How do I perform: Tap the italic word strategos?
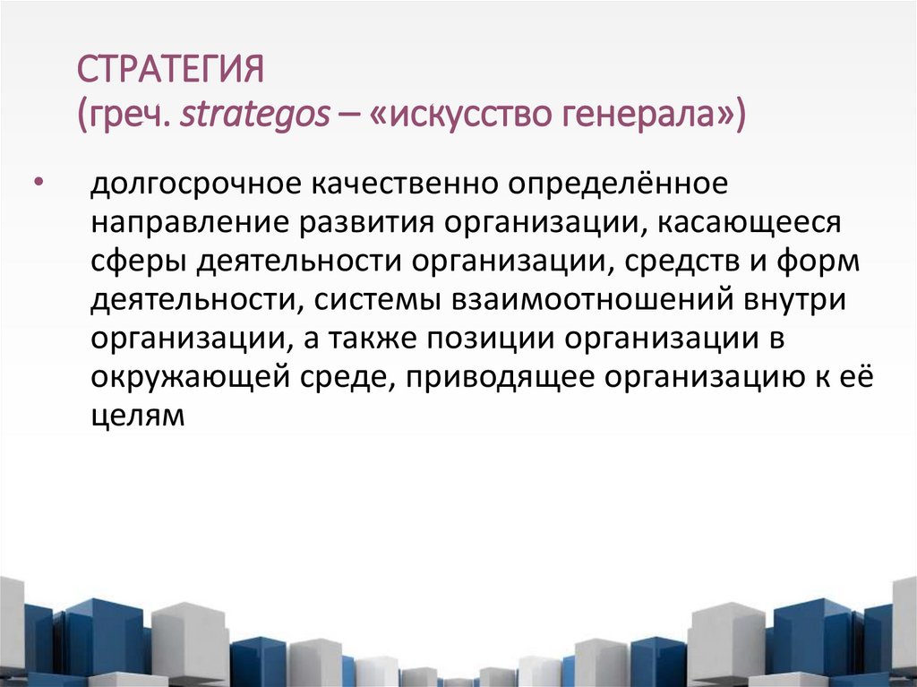253,116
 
